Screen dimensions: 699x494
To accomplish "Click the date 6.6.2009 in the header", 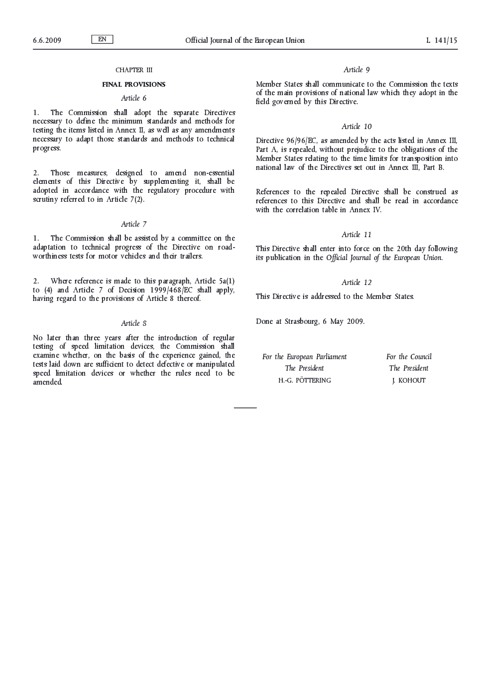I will [x=47, y=40].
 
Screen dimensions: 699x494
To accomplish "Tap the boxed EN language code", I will [x=102, y=39].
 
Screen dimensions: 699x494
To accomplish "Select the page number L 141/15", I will [x=442, y=40].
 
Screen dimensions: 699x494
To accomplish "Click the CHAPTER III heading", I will [x=133, y=70].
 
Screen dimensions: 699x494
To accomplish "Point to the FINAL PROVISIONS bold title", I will [x=133, y=85].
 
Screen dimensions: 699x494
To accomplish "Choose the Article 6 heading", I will [x=133, y=98].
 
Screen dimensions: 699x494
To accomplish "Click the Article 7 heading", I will [x=133, y=224].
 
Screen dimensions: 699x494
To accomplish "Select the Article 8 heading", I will [x=133, y=323].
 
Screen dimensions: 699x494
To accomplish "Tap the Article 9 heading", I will [x=357, y=70].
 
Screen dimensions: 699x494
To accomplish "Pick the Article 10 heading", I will [x=357, y=127].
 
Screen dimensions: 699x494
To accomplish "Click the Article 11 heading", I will [x=357, y=235].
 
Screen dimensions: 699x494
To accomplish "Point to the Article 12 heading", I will [x=357, y=282].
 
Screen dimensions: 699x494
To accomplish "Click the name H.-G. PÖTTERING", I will [x=304, y=381].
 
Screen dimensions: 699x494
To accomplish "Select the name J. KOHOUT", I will [x=409, y=381].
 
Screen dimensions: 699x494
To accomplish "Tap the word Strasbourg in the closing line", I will [x=301, y=321].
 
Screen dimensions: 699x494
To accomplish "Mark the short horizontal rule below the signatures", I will [x=245, y=408].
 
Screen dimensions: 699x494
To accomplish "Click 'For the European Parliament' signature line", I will [x=304, y=357].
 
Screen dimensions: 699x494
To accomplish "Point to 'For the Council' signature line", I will [x=409, y=357].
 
